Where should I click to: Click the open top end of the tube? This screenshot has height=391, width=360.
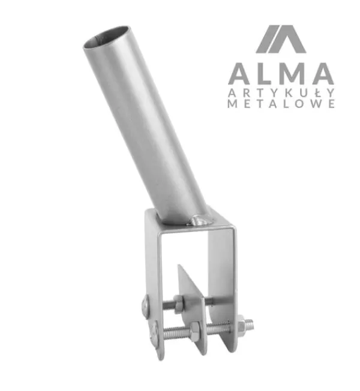click(x=107, y=37)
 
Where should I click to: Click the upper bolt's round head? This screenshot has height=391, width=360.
click(x=145, y=306)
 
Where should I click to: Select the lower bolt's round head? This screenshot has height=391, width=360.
click(x=154, y=334)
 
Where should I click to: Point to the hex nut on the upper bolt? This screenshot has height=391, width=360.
click(x=179, y=303)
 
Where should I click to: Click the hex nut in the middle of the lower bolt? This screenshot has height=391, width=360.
click(x=194, y=330)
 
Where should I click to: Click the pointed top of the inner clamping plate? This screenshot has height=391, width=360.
click(x=179, y=266)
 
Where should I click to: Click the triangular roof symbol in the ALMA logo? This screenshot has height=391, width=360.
click(x=281, y=39)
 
